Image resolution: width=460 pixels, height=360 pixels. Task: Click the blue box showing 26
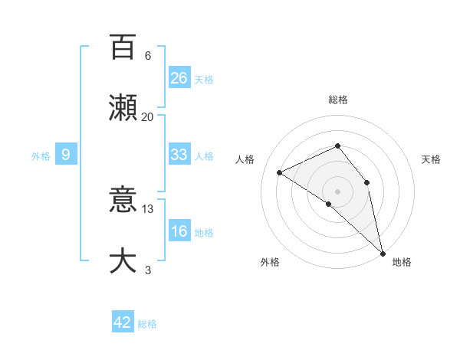(179, 77)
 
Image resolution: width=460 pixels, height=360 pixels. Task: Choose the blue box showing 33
(179, 155)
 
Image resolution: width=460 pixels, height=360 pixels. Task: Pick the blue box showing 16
(179, 231)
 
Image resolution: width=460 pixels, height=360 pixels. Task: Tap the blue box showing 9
(66, 155)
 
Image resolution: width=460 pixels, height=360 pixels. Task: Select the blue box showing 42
(123, 322)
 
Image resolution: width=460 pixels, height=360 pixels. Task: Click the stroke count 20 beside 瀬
(147, 116)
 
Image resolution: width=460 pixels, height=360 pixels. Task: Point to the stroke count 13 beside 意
(147, 208)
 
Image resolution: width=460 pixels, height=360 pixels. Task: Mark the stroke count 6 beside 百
(147, 56)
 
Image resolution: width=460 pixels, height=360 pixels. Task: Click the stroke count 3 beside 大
(147, 270)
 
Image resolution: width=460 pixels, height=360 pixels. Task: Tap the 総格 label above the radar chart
(338, 100)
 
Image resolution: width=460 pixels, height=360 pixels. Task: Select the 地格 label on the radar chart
(402, 262)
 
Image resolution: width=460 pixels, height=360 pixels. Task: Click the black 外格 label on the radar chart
(270, 262)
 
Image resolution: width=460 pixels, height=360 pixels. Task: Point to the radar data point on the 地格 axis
(383, 253)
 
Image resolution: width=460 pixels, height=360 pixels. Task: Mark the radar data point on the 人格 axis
(280, 172)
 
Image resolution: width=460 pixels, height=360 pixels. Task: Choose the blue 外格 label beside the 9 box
(41, 156)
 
